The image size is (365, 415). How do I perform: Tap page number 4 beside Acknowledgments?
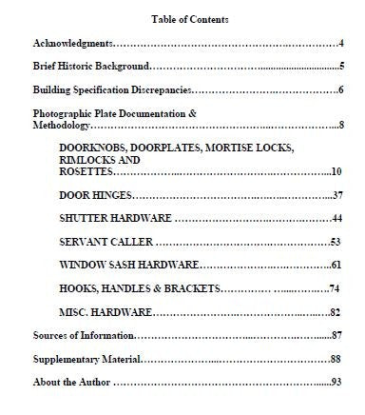click(x=339, y=44)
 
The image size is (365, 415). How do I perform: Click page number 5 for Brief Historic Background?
click(x=339, y=68)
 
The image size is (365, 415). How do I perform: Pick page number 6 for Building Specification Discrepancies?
click(x=339, y=90)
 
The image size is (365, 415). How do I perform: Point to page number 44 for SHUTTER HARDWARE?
click(x=336, y=219)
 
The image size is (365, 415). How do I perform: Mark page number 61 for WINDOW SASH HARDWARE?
click(x=336, y=265)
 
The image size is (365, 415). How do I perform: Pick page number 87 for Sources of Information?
click(x=336, y=336)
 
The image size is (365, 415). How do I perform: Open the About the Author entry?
click(x=71, y=383)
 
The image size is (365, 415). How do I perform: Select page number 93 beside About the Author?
click(x=336, y=383)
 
